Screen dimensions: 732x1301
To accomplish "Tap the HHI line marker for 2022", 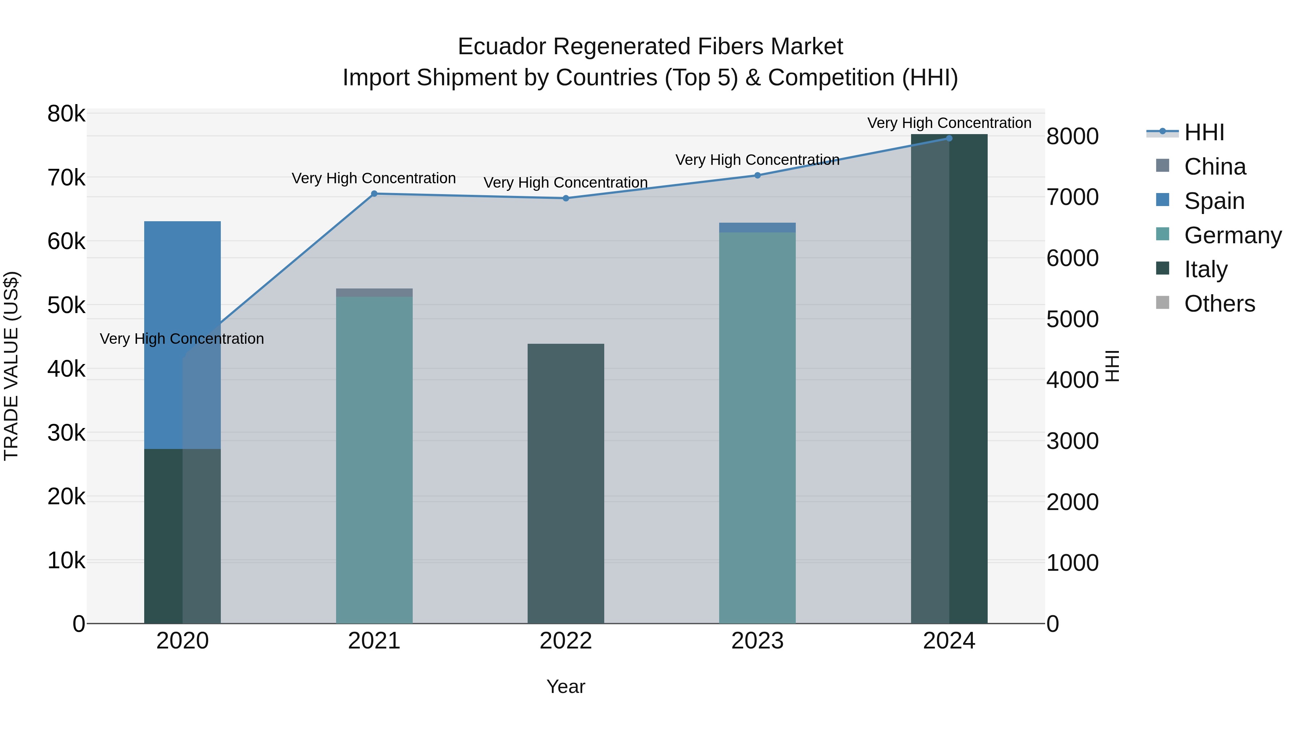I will coord(566,198).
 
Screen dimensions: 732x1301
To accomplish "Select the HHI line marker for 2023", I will coord(757,176).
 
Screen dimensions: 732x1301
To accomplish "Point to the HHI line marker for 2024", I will coord(949,138).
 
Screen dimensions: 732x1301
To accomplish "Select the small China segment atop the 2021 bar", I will coord(374,292).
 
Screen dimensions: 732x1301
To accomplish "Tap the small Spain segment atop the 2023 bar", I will coord(757,227).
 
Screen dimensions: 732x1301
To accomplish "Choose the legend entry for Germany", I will coord(1232,235).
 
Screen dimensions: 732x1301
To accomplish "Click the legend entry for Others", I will coord(1219,304).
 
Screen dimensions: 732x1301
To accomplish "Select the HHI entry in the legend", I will coord(1204,132).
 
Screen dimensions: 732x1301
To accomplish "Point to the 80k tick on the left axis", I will coord(66,114).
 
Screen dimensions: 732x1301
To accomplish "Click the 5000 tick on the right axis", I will coord(1072,319).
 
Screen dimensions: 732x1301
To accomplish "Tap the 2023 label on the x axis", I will coord(757,641).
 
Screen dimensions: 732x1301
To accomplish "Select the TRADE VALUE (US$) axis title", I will coord(11,366).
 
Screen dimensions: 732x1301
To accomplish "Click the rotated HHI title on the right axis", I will coord(1112,366).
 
